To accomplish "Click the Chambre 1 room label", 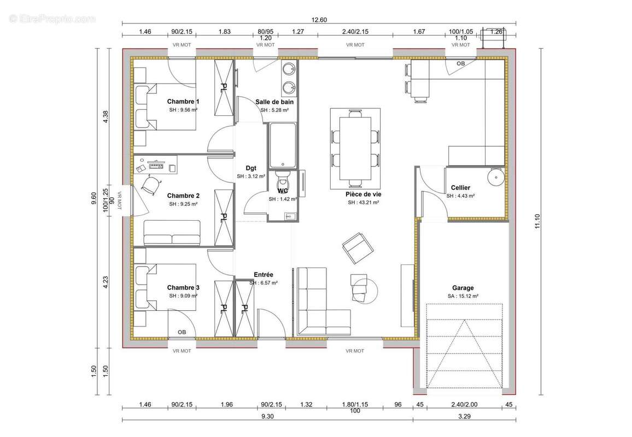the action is [x=183, y=102].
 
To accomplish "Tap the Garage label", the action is [x=463, y=288].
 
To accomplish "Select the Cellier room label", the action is [x=460, y=188].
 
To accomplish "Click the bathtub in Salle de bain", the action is [x=283, y=145].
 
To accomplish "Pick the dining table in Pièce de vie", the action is [x=355, y=148].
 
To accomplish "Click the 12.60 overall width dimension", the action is [x=319, y=20].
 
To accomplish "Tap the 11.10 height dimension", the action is [x=537, y=221].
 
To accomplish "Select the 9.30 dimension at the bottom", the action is [x=267, y=416].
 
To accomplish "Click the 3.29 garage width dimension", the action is [x=464, y=416].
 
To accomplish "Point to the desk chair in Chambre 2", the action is [x=151, y=185].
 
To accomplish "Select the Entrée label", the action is [x=263, y=275].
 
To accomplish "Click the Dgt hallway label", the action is [x=251, y=168].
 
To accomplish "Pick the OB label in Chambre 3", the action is [x=182, y=332].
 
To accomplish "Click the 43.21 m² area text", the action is [x=364, y=203].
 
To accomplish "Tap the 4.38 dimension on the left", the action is [x=106, y=116].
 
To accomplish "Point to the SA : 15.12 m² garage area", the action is [x=463, y=296].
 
